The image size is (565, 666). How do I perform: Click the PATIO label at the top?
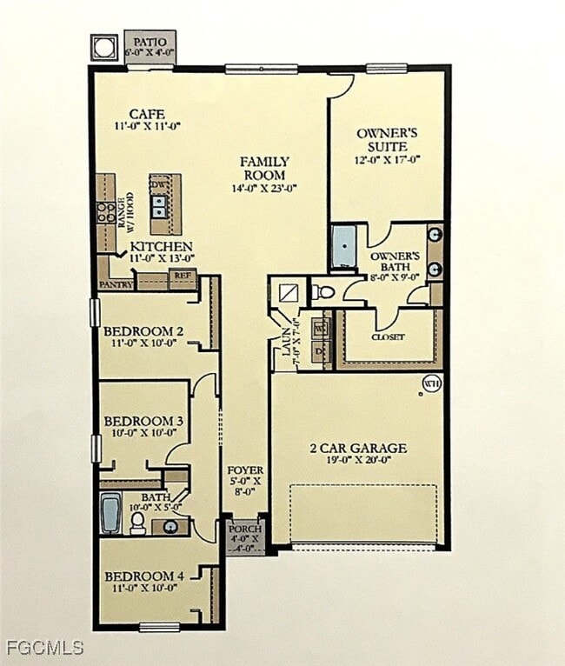(150, 41)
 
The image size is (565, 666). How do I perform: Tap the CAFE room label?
(147, 115)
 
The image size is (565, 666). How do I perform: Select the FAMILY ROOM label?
(264, 168)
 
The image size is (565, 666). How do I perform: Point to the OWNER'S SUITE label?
(388, 140)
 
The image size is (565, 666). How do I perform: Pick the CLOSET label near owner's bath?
(388, 336)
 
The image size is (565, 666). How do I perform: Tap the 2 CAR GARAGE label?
(358, 449)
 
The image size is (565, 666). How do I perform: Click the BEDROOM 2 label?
(143, 331)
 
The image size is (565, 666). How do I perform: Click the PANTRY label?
(116, 283)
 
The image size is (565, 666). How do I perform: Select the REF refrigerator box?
(182, 276)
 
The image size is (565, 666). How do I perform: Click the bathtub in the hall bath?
(110, 513)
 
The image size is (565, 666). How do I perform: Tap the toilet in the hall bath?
(137, 523)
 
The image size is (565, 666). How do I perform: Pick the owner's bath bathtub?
(343, 246)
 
